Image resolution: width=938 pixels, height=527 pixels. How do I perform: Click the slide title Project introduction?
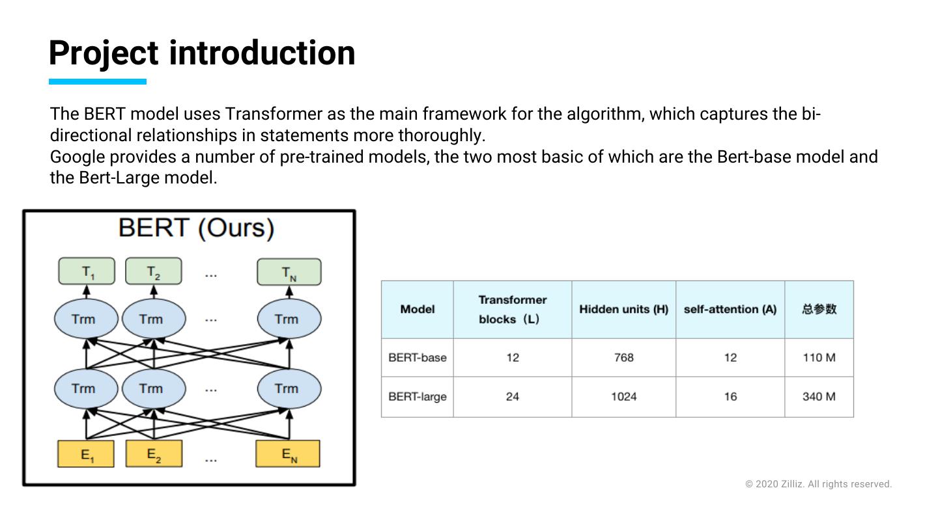click(202, 53)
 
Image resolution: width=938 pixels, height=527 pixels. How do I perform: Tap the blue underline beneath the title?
click(98, 81)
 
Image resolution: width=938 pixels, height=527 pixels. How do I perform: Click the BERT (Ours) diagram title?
click(196, 228)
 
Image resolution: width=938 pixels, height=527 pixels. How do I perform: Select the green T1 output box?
click(87, 271)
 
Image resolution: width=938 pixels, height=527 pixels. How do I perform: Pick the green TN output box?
click(289, 272)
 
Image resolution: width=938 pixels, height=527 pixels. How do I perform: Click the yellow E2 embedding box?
click(154, 453)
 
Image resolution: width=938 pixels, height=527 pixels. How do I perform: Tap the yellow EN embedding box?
click(288, 453)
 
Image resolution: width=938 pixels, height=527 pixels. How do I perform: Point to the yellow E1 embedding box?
click(86, 454)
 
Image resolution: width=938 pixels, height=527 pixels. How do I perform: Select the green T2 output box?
click(153, 271)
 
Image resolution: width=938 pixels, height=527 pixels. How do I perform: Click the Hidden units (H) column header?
click(623, 309)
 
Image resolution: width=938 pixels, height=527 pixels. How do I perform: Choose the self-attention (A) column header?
click(730, 309)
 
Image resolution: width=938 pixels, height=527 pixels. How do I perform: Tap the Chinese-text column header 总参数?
click(819, 309)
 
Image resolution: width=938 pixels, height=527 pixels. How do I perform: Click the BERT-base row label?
click(418, 357)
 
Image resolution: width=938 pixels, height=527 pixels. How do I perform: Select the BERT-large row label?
click(418, 396)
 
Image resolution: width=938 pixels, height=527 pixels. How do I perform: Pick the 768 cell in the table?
click(623, 357)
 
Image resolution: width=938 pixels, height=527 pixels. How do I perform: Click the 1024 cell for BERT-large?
click(623, 396)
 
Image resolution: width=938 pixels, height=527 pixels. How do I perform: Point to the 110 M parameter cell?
click(819, 357)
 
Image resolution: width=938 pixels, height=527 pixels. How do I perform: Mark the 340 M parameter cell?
click(819, 396)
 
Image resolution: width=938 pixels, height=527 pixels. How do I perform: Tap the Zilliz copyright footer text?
click(818, 484)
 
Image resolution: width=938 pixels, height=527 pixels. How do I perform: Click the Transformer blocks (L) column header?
click(513, 309)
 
